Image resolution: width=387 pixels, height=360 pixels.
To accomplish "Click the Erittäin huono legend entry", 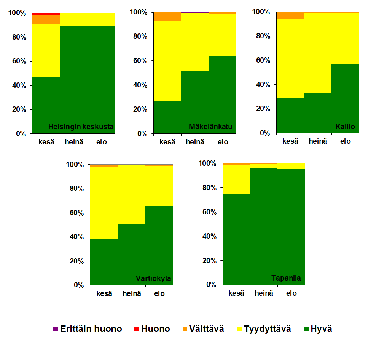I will [x=88, y=329].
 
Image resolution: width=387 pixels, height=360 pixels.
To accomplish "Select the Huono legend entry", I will [x=152, y=329].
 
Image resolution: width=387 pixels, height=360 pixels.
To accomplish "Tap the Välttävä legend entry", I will [x=203, y=329].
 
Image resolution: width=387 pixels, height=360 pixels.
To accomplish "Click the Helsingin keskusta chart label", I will [x=81, y=127].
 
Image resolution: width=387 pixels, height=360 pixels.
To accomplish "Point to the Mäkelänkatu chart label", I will [x=210, y=127].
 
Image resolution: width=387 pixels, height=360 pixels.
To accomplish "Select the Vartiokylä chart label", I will [x=153, y=278].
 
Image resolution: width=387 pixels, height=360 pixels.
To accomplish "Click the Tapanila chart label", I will [x=286, y=278].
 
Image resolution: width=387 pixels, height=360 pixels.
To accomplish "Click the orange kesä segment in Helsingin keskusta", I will [x=46, y=19].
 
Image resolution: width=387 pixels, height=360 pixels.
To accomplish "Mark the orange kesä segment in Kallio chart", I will [x=290, y=16].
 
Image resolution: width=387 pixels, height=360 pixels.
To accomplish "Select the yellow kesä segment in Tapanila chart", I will [x=236, y=179].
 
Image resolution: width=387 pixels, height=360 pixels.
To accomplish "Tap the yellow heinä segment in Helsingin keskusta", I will [x=74, y=20].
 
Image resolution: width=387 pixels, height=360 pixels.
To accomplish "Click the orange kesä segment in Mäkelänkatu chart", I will [x=167, y=16].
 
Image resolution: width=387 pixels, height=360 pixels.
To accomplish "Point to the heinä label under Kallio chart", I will [x=318, y=141].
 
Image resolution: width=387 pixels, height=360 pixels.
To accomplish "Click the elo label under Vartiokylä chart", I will [x=159, y=294].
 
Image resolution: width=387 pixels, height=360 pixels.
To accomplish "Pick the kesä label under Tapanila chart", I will [x=236, y=293].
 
